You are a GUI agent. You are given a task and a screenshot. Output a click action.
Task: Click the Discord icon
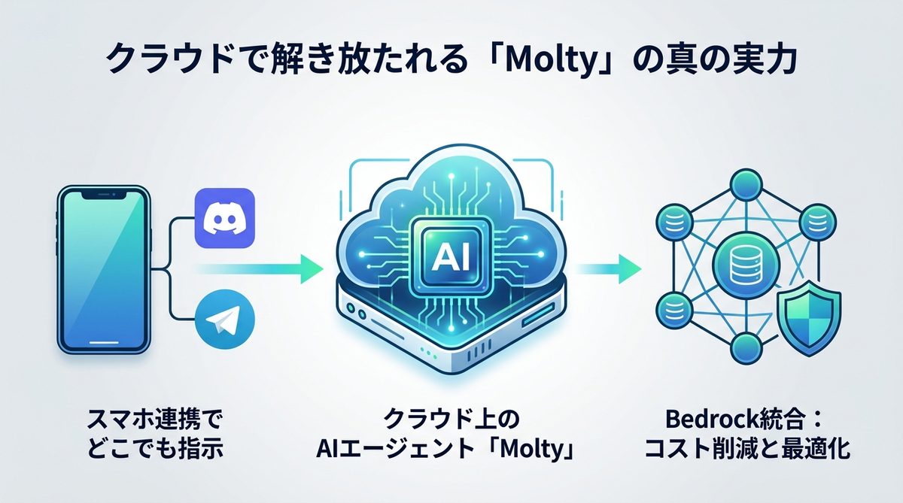(x=225, y=218)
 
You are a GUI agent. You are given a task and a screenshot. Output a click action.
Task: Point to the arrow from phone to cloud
(x=256, y=269)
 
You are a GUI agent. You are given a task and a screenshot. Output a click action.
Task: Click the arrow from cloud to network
(x=610, y=268)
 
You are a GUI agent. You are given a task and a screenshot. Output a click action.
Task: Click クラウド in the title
(x=159, y=61)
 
